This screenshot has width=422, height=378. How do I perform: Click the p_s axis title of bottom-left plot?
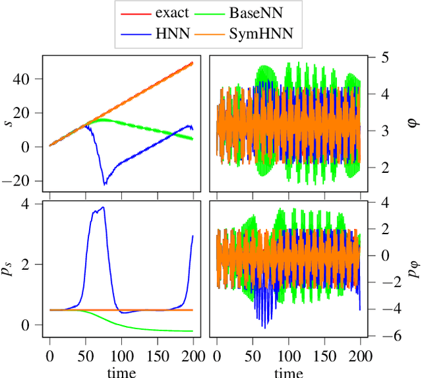pos(9,268)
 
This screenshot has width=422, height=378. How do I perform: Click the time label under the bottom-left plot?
pos(122,373)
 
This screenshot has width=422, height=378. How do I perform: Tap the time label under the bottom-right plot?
pos(289,373)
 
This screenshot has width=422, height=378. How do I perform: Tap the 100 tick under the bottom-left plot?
pos(121,356)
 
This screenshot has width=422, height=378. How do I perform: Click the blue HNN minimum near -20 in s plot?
pos(104,184)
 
